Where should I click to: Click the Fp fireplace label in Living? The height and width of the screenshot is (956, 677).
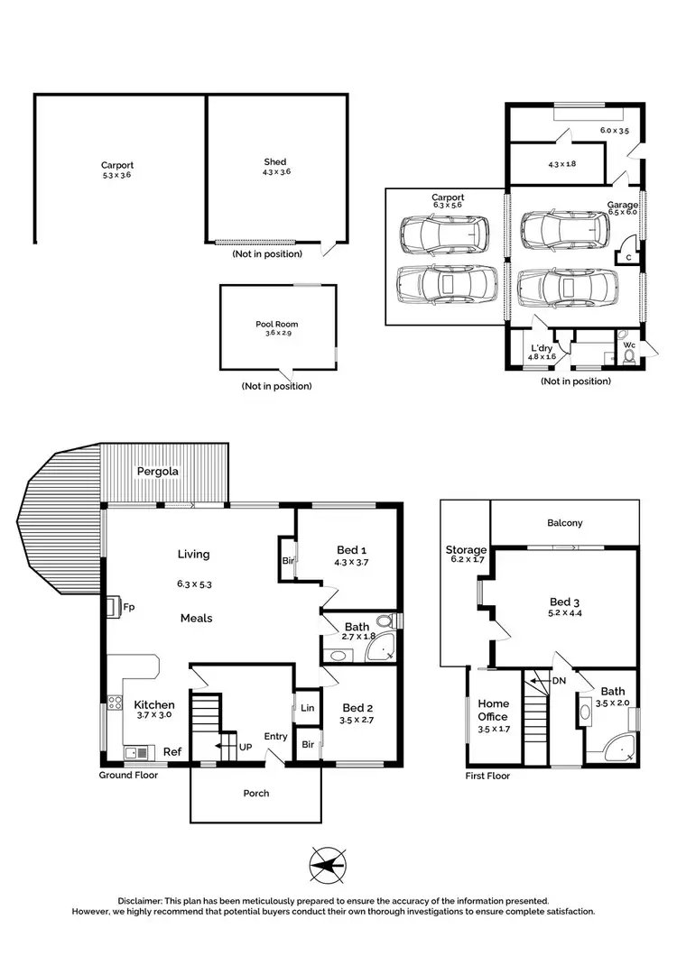coord(129,607)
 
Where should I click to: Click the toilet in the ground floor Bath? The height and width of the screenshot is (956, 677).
coord(385,621)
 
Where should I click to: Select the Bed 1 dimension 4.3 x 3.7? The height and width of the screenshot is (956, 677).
coord(352,563)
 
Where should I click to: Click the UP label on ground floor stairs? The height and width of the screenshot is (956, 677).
coord(244,748)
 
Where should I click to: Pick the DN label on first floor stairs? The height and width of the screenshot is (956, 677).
coord(559,681)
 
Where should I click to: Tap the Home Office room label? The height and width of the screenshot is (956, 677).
coord(494,711)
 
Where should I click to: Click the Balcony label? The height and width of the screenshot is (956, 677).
coord(565,522)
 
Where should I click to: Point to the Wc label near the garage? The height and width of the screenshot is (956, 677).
coord(629,344)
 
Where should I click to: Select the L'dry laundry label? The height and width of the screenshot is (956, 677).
coord(542,348)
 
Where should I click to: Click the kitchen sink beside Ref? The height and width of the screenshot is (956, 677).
coord(135,751)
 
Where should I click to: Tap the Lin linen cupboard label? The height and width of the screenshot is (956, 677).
coord(307,708)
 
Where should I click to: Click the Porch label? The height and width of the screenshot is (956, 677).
coord(256,793)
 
